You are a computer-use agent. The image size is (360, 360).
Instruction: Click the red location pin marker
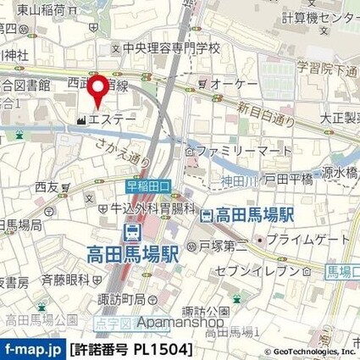(100, 90)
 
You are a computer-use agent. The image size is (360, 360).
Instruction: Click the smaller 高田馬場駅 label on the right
(252, 216)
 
